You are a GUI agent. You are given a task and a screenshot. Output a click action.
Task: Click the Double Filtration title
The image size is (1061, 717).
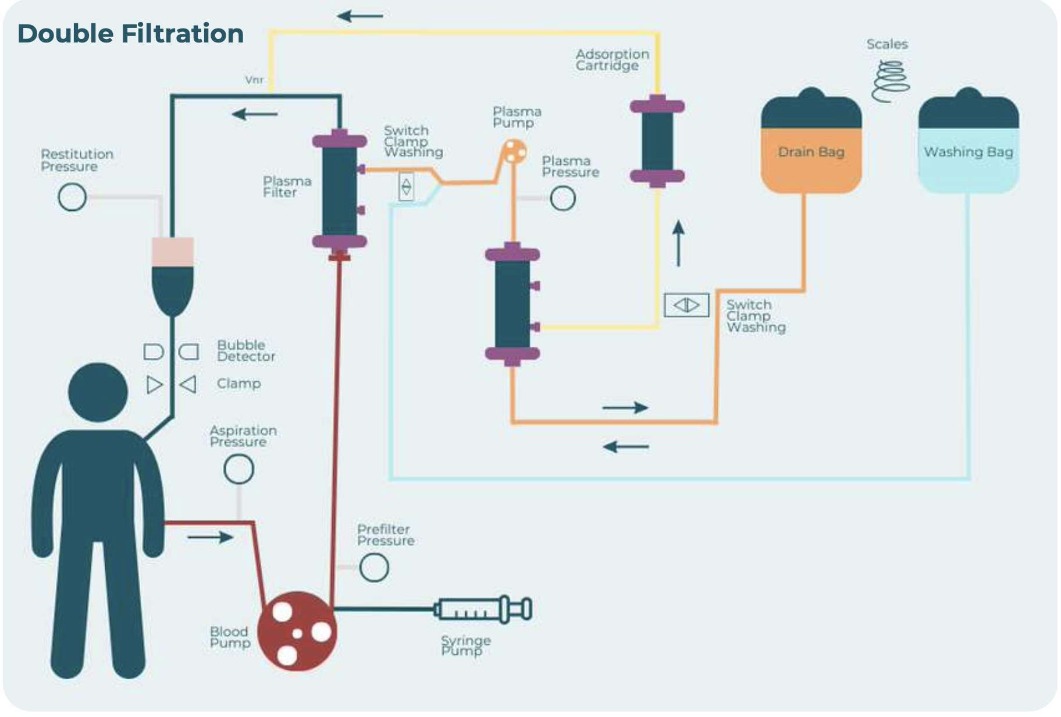point(130,33)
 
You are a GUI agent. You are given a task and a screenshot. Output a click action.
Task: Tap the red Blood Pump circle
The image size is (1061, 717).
point(297,631)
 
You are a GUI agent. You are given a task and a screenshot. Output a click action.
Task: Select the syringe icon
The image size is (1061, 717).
point(483,609)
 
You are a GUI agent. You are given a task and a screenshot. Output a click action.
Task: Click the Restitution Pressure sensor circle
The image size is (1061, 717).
point(72,197)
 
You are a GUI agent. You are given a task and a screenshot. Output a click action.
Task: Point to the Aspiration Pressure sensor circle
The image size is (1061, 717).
point(238,469)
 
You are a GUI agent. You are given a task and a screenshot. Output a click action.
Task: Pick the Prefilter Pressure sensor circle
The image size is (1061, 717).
point(373,567)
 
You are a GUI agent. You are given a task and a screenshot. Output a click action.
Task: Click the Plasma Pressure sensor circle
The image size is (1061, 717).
point(562,198)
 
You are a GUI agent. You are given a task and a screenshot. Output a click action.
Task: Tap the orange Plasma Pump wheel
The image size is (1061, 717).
point(514,151)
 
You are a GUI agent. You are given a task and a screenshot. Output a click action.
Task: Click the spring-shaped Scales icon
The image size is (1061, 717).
point(891,81)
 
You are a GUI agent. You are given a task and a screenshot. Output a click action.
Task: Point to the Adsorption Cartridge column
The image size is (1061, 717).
point(657,141)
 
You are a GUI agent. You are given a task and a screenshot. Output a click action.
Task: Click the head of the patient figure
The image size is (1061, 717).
point(98,392)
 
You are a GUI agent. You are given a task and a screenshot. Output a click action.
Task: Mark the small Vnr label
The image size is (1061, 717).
point(254,80)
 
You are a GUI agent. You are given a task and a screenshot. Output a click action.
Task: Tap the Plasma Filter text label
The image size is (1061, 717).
point(287,187)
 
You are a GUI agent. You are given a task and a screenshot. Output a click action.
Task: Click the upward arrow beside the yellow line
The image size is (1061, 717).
point(678,243)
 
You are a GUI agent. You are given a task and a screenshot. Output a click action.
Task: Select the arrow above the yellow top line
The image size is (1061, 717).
point(360,16)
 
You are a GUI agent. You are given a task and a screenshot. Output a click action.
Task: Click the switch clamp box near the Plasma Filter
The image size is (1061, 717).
point(406,187)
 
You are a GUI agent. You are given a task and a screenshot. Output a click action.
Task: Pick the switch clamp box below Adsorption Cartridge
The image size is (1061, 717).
point(686,305)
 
